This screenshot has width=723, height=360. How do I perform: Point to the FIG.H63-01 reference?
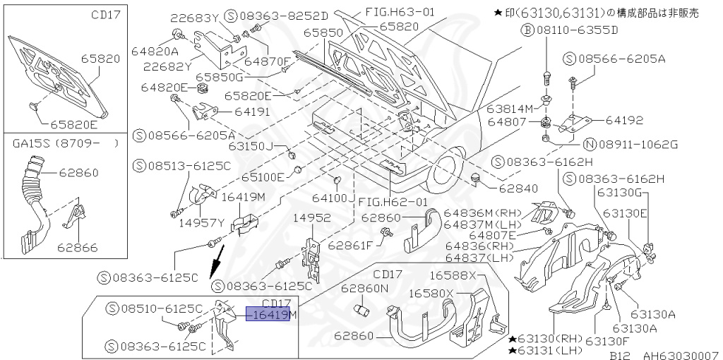400,11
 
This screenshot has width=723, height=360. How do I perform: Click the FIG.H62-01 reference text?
393,202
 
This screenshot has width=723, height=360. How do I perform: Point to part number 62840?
518,188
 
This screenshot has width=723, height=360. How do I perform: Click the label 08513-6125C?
189,166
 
